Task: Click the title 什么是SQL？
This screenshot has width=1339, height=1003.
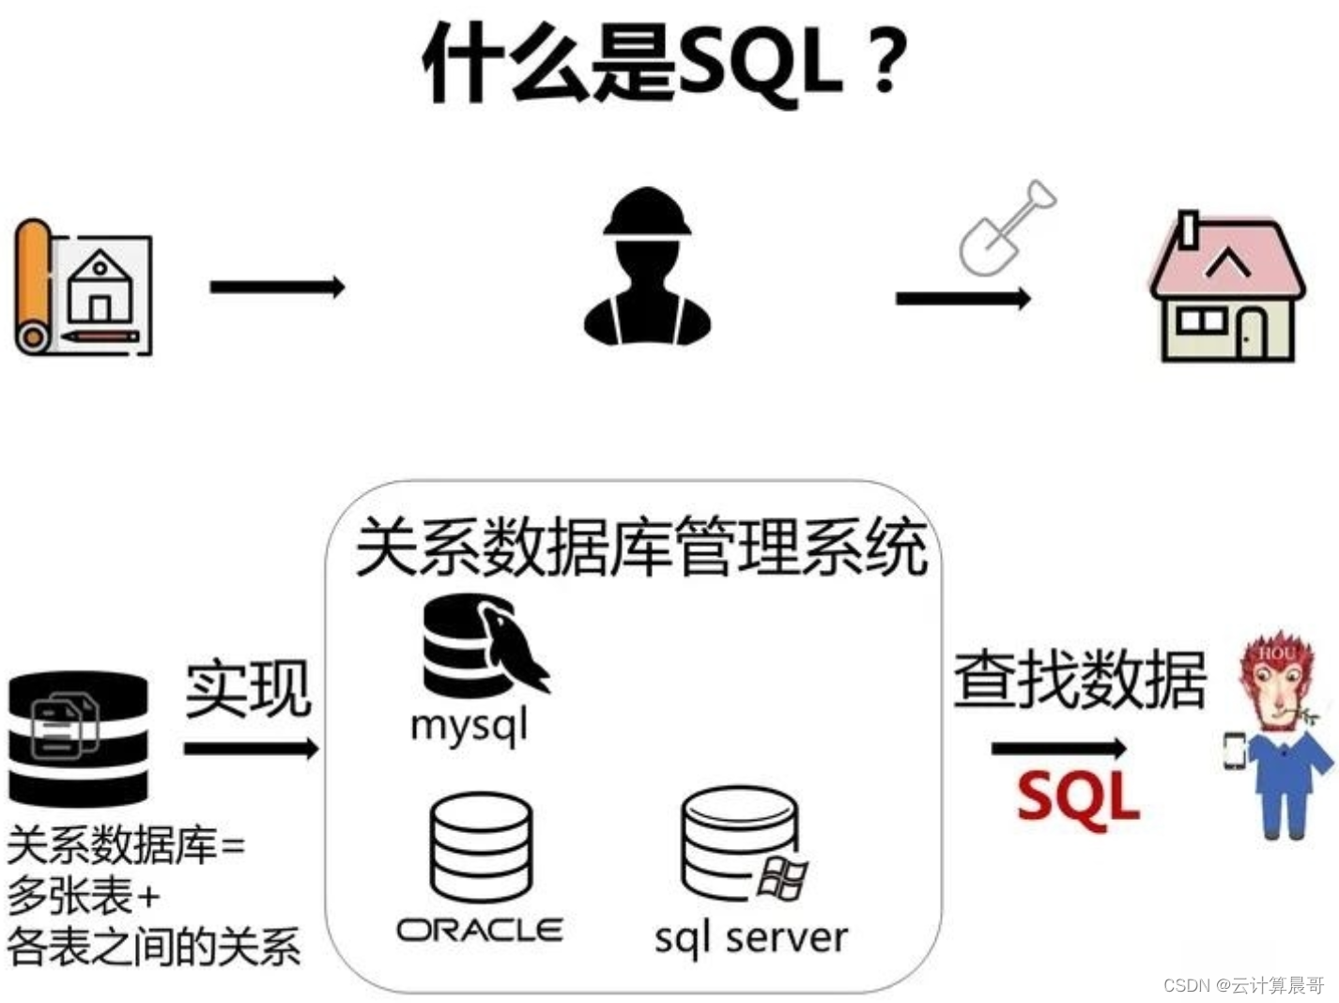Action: coord(665,64)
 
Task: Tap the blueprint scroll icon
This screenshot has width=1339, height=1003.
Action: coord(83,287)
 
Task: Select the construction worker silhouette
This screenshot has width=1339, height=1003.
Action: coord(647,269)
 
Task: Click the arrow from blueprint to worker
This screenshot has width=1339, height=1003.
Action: coord(277,286)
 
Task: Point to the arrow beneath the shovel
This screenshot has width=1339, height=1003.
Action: coord(962,299)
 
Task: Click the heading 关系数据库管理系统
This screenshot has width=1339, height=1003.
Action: coord(642,547)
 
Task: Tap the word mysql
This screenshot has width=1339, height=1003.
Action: coord(469,725)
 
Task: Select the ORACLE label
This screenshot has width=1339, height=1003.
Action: coord(480,930)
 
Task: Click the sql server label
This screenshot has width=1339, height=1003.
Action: coord(751,937)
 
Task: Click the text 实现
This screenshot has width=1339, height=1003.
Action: coord(248,689)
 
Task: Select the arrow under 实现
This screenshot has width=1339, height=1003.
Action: coord(251,748)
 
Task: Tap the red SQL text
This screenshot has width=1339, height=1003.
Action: coord(1078,797)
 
